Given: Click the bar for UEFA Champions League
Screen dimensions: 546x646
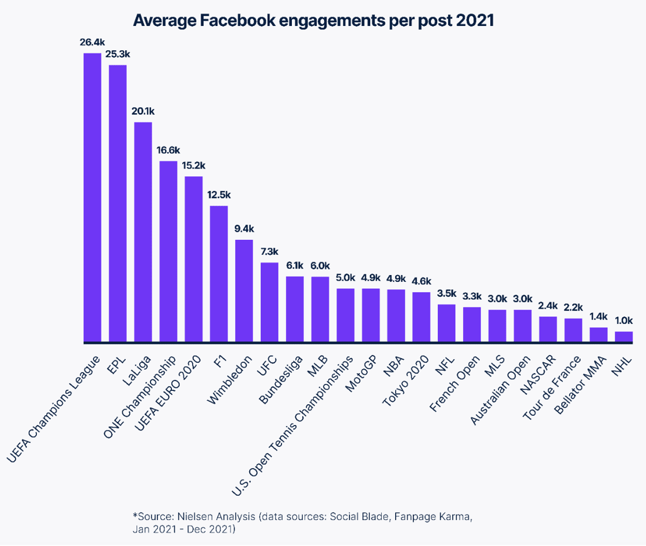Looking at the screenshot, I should click(x=92, y=198).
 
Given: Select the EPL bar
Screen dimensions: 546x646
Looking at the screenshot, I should click(x=118, y=204).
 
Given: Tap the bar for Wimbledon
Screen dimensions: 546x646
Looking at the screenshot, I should click(x=244, y=291).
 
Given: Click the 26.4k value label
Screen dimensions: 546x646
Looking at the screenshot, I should click(x=92, y=43).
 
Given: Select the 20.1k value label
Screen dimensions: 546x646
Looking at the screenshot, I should click(x=143, y=111).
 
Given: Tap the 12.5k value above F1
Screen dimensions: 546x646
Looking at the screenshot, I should click(x=219, y=195).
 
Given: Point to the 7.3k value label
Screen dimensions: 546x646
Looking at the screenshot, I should click(x=269, y=252).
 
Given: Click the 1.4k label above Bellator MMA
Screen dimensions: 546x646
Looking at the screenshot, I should click(x=598, y=317).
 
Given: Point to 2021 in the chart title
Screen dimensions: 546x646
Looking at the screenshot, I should click(x=475, y=21).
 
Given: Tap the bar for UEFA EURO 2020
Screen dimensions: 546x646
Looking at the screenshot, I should click(x=194, y=259).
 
